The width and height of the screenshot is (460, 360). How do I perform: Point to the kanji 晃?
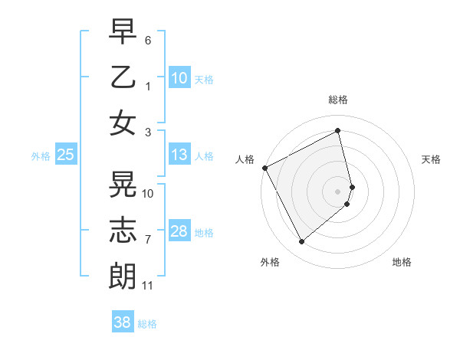[123, 185]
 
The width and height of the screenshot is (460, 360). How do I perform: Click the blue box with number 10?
[179, 78]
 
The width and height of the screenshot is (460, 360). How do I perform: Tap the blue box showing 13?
[179, 155]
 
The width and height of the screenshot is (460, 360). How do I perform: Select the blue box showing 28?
[179, 231]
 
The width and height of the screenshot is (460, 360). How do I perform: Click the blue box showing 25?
[65, 155]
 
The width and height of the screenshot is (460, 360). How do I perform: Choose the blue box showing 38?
[123, 322]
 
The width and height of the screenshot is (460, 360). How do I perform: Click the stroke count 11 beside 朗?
[147, 286]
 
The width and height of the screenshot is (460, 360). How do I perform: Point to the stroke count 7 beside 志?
[148, 241]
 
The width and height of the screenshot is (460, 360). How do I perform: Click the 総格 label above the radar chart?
[337, 100]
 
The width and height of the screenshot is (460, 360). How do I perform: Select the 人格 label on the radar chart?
[245, 159]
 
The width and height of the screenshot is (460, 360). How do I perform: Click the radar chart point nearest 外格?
[301, 242]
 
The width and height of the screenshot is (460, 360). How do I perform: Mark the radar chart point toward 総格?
[338, 131]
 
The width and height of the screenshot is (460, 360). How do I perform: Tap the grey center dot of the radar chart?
[337, 191]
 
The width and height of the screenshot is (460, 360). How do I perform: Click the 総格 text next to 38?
[147, 324]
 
